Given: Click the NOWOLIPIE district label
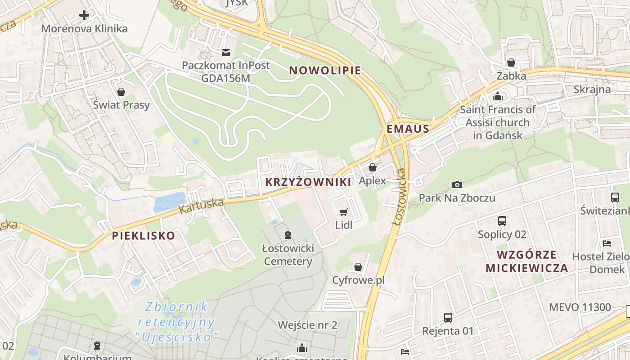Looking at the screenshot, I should [x=325, y=71].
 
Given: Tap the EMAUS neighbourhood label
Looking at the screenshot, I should [x=408, y=129].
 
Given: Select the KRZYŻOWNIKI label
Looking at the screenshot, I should [x=308, y=182].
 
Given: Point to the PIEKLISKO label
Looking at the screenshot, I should [x=144, y=235].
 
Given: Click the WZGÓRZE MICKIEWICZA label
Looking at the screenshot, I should [x=526, y=261].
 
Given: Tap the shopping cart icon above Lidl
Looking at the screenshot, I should [x=344, y=212].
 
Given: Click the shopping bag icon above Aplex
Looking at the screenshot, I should [x=373, y=168].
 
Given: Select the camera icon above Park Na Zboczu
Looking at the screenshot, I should [x=457, y=185].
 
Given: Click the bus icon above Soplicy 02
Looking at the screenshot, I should [x=502, y=221].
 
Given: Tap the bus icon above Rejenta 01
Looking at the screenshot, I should [x=448, y=318].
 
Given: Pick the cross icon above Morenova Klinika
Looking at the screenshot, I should [x=84, y=16].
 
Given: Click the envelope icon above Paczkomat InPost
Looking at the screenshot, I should [x=226, y=52].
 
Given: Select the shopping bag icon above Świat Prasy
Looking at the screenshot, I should [x=121, y=92].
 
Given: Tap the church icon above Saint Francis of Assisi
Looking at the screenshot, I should [x=498, y=96].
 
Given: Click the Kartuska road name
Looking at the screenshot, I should [x=201, y=206].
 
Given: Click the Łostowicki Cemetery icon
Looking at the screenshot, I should [x=288, y=234].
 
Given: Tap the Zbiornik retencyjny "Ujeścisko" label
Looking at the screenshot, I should [x=176, y=322].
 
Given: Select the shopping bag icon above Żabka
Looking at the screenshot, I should [x=511, y=63].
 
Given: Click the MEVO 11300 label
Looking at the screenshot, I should [x=580, y=308].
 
